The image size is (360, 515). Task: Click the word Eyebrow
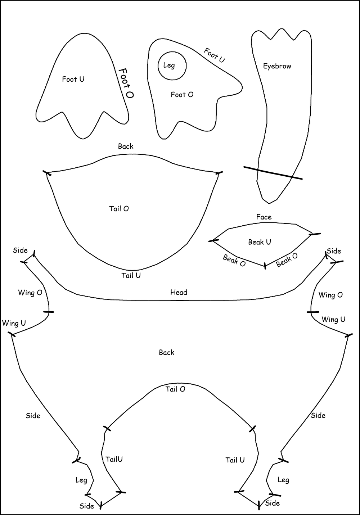[277, 66]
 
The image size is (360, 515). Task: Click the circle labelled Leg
[172, 66]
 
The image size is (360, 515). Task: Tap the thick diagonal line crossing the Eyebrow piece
[273, 173]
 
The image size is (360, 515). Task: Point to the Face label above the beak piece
[264, 217]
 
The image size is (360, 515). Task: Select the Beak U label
[259, 242]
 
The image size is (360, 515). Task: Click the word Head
[179, 292]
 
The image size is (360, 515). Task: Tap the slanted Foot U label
[214, 55]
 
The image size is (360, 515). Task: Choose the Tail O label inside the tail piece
[119, 209]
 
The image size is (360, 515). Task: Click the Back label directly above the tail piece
[126, 146]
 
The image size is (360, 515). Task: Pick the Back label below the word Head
[166, 353]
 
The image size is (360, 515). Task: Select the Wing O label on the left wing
[30, 293]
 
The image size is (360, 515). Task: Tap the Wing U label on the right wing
[333, 320]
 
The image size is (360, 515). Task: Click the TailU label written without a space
[114, 459]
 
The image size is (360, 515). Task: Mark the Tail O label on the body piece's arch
[175, 389]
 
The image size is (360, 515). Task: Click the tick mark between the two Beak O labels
[265, 266]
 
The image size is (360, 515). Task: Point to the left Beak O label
[234, 261]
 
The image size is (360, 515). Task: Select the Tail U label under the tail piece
[131, 276]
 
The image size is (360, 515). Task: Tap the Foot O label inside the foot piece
[182, 95]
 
